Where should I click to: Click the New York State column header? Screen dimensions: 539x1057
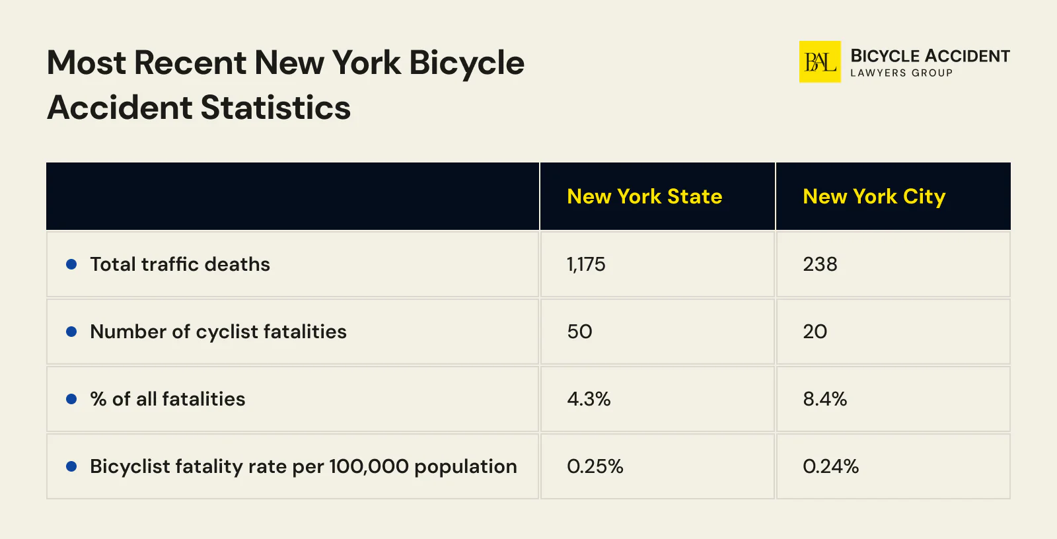tap(644, 197)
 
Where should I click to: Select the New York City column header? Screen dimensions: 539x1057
tap(873, 197)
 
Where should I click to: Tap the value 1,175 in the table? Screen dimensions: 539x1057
tap(586, 264)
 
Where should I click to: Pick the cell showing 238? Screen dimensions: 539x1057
tap(820, 264)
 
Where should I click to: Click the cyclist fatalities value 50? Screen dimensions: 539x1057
tap(579, 332)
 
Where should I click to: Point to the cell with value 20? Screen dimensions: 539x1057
tap(815, 332)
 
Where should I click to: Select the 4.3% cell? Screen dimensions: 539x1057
tap(589, 399)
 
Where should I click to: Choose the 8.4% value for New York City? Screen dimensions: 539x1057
tap(824, 399)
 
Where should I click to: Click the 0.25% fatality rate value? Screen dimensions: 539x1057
tap(595, 466)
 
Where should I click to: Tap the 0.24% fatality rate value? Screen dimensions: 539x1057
tap(830, 466)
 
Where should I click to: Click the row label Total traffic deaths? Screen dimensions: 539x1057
tap(180, 264)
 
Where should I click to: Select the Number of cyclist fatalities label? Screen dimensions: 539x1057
tap(218, 332)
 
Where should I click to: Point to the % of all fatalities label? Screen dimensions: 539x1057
tap(167, 399)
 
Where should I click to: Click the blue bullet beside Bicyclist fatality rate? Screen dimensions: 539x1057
tap(71, 466)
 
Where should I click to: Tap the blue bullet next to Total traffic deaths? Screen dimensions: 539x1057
tap(71, 264)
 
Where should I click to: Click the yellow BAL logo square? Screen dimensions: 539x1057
tap(819, 62)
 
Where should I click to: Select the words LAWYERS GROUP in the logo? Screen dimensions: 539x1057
tap(901, 73)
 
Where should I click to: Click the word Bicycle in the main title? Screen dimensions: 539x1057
tap(466, 63)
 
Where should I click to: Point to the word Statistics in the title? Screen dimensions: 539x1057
tap(275, 108)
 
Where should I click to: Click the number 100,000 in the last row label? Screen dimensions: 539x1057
tap(369, 466)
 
